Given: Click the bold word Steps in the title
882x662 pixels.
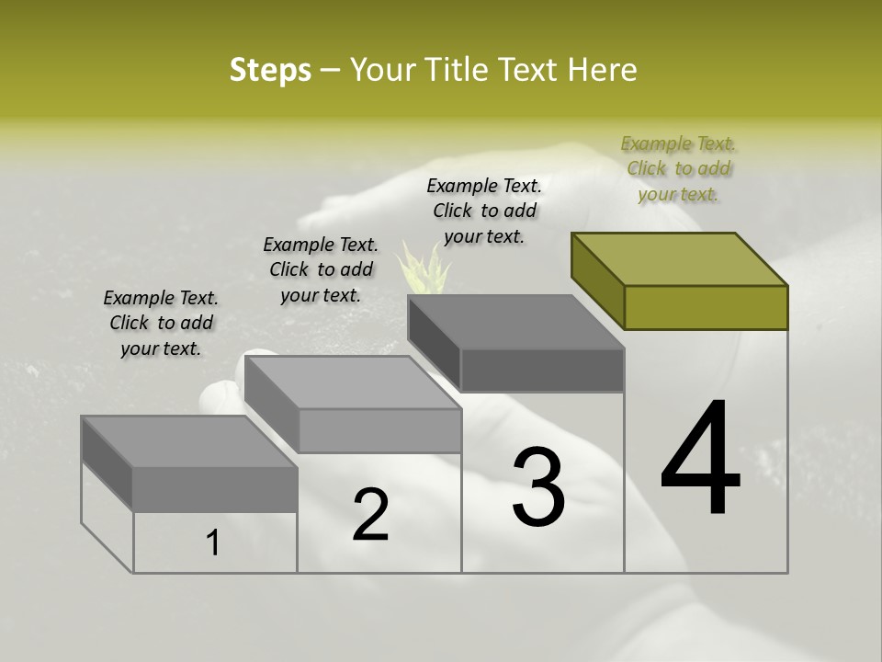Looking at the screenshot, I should pos(270,70).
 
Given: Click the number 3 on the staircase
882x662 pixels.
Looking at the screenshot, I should pos(538,486).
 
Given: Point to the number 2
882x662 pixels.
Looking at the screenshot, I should pos(370,515).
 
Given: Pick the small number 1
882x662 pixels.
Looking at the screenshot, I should pos(213,542).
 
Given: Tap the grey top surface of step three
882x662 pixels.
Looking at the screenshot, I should pos(515,322).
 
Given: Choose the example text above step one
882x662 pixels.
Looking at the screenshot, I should pos(161,323).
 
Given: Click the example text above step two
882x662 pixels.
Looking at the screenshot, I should pos(321,269).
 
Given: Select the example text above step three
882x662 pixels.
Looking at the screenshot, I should pos(484,211).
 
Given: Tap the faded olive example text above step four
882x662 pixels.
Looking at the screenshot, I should pos(678,168).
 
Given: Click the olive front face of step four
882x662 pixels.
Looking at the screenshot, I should pos(706,307).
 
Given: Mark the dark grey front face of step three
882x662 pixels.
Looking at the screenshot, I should pos(542,371).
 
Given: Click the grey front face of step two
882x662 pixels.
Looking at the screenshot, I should pos(379,430).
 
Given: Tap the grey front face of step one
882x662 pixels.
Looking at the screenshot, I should pos(215,489).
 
